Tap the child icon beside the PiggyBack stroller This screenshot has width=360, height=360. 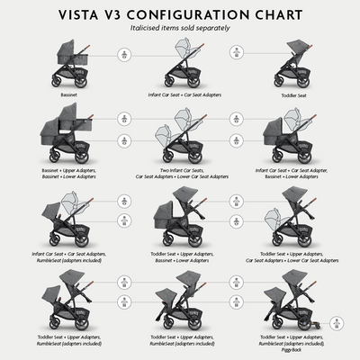click(x=334, y=319)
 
